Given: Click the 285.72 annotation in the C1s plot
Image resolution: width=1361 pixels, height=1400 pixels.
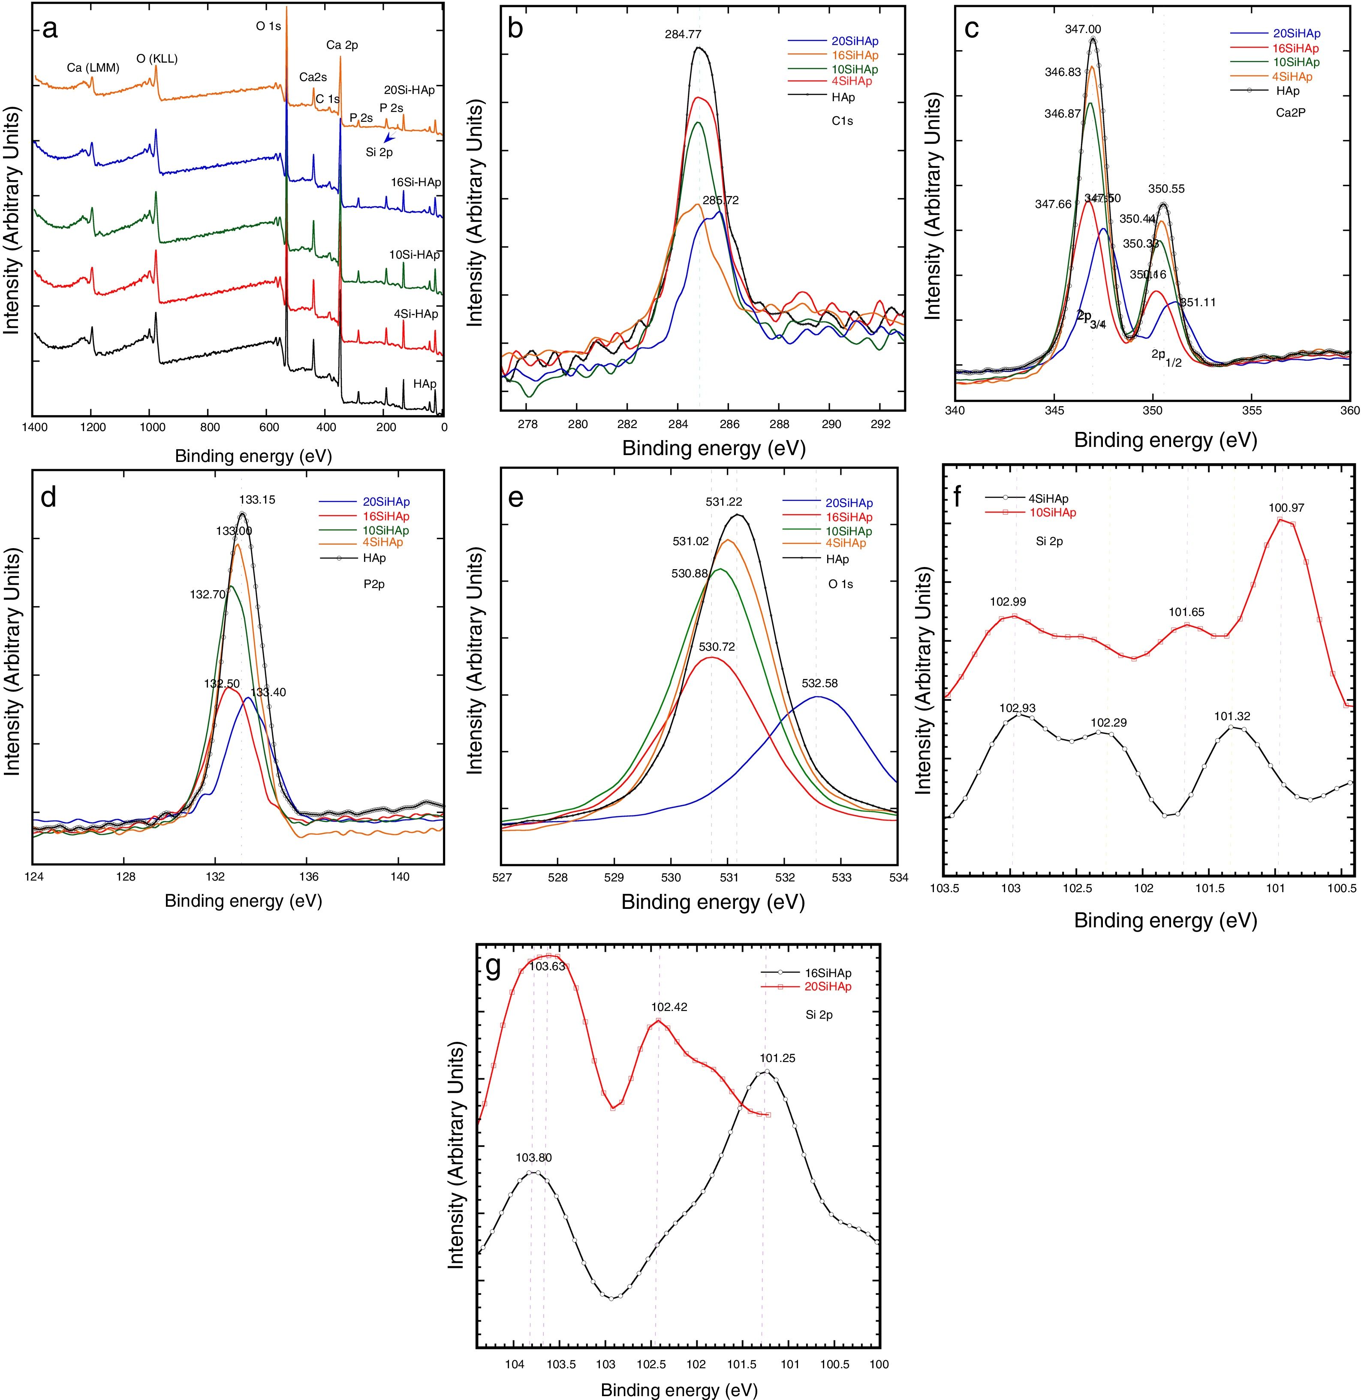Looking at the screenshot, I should [x=720, y=201].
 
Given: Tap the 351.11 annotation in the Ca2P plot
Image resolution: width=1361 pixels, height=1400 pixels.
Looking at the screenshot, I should [x=1197, y=302].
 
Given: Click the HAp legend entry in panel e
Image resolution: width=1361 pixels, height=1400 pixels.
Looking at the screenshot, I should [x=838, y=559].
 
